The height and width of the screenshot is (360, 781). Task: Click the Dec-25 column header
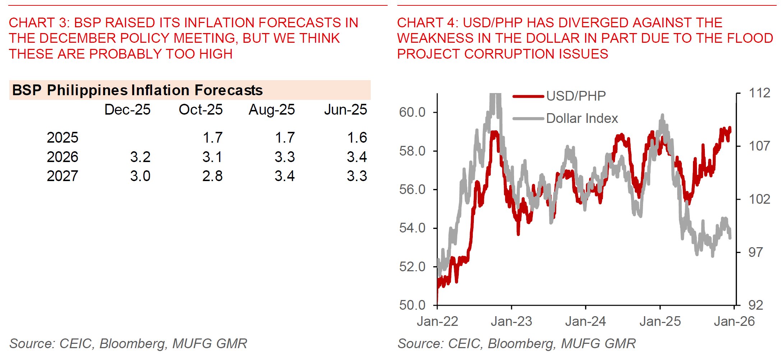pos(127,110)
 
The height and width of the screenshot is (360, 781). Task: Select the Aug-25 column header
pos(272,110)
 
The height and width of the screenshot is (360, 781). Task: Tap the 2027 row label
pos(62,176)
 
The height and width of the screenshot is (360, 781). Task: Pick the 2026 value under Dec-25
pos(140,157)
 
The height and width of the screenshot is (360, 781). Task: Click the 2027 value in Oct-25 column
pos(212,176)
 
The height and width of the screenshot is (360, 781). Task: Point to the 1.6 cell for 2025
pos(357,138)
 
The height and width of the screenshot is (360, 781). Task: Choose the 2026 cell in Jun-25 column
pos(357,157)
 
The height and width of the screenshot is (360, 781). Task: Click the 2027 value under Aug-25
pos(285,176)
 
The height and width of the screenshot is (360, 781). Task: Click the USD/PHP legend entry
pos(576,96)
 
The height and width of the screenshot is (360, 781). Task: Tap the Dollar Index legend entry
pos(582,118)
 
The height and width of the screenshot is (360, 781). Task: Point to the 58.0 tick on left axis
pos(412,151)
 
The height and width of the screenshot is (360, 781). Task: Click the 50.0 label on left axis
pos(412,305)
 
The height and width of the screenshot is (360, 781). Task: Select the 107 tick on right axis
pos(759,146)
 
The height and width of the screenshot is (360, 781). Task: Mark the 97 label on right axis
pos(755,252)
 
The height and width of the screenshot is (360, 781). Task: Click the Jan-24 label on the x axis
pos(585,321)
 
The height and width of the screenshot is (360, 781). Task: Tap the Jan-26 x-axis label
pos(734,321)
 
